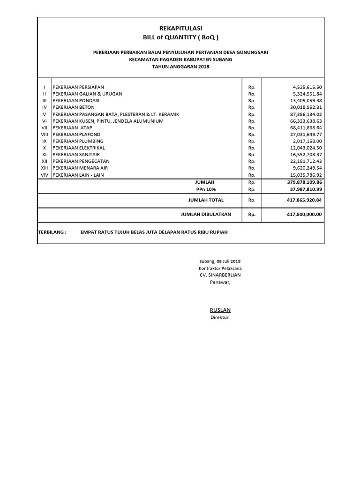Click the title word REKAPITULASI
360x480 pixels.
pos(180,29)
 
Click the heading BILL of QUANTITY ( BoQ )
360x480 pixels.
pos(180,37)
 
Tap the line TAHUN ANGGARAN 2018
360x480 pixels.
pos(180,67)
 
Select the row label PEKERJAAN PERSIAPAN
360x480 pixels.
pos(78,87)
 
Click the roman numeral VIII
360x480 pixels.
pos(45,135)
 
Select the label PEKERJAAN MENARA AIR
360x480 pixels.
pos(78,168)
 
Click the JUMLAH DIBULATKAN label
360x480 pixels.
pos(206,214)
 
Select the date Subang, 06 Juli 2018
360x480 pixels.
pos(220,261)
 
